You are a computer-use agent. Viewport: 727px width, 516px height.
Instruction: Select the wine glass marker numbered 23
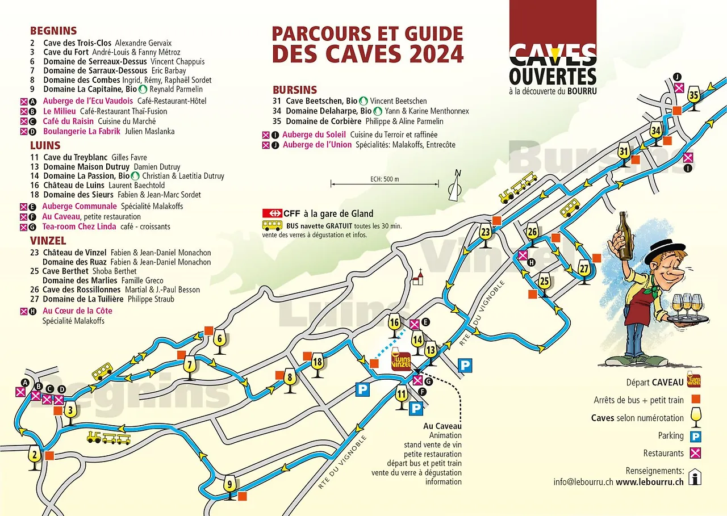[x=486, y=235]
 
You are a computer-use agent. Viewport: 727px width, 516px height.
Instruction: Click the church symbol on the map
[x=419, y=278]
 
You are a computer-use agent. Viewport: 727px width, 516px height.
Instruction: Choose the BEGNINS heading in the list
[x=53, y=31]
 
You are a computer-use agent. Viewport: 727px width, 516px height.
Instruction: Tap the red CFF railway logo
[x=272, y=213]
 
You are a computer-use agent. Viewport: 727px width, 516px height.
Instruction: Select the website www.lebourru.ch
[x=649, y=481]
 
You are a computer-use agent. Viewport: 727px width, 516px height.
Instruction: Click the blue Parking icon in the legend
[x=695, y=436]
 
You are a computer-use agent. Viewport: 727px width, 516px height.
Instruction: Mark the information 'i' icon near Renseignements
[x=694, y=477]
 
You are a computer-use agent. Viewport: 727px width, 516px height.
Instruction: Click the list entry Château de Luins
[x=74, y=185]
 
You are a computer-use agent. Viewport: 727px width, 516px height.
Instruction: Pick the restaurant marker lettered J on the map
[x=679, y=87]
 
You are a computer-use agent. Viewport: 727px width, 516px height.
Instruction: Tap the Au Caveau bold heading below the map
[x=442, y=426]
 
